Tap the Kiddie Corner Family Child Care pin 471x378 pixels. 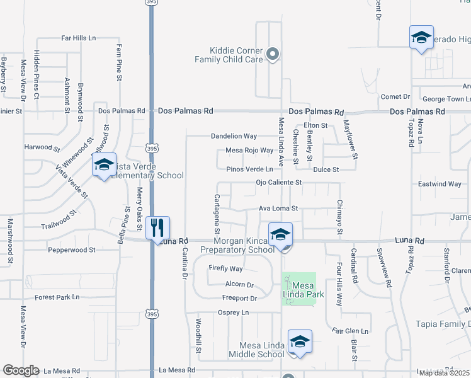point(273,55)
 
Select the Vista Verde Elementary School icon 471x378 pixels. point(104,165)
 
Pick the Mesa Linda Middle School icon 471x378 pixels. point(300,342)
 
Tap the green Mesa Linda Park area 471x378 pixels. point(298,289)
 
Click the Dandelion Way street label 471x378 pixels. point(234,136)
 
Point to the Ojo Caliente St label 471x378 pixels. point(279,183)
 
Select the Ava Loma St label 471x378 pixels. point(278,209)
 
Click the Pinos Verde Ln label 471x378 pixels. point(250,169)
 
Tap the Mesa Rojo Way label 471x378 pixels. point(250,151)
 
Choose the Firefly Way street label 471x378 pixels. point(225,269)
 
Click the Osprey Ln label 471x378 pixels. point(234,312)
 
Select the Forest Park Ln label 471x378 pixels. point(57,297)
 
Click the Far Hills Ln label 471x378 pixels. point(78,38)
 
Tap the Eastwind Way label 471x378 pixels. point(440,184)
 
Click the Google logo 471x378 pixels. point(21,370)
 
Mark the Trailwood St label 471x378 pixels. point(58,226)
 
